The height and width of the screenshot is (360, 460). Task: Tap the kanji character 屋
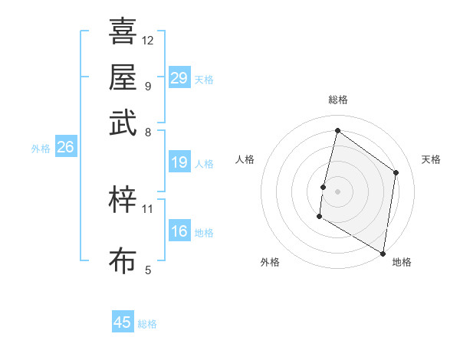click(x=123, y=77)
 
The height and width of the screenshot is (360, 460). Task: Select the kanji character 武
click(x=123, y=122)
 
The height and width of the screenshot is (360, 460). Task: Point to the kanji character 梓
click(x=123, y=200)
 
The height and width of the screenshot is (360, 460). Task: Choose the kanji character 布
click(x=123, y=260)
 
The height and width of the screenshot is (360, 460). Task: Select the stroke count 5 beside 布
click(x=148, y=269)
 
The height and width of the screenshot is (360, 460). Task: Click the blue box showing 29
click(x=179, y=77)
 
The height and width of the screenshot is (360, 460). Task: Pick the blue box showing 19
click(x=179, y=162)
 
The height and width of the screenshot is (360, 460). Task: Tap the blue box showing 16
click(x=179, y=231)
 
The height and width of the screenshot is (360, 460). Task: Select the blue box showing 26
click(x=65, y=147)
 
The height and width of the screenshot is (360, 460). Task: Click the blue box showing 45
click(x=123, y=322)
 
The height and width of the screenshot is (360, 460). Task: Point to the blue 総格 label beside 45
click(x=147, y=324)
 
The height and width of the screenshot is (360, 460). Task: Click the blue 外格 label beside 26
click(x=41, y=149)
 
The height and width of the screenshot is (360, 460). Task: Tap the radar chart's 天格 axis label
click(x=431, y=159)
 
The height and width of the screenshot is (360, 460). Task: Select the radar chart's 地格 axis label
click(x=402, y=262)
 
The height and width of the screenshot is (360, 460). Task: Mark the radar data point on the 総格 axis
click(x=337, y=131)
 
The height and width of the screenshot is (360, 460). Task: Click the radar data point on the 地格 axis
click(x=383, y=253)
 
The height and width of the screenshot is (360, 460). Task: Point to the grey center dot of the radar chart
click(x=337, y=191)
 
